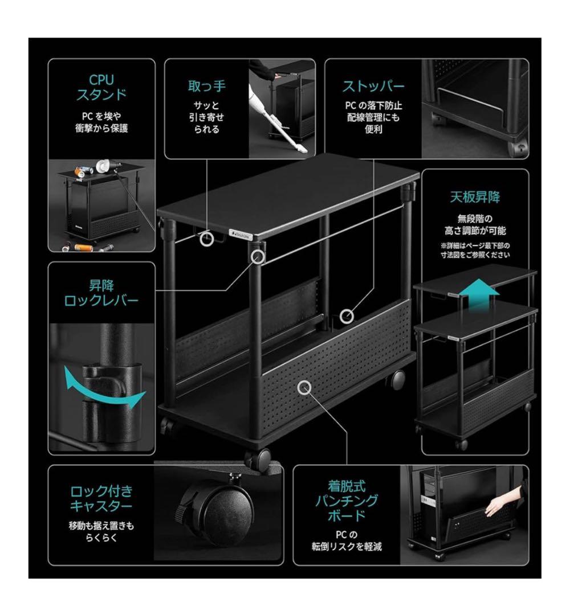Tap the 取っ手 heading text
coord(207,86)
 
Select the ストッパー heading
coord(373,87)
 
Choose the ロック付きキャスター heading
coord(101,498)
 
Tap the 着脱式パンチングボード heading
coord(347,501)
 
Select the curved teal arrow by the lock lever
coord(103,388)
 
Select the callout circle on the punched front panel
coord(305,388)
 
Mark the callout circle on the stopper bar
coord(347,315)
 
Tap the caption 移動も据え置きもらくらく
coord(101,530)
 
